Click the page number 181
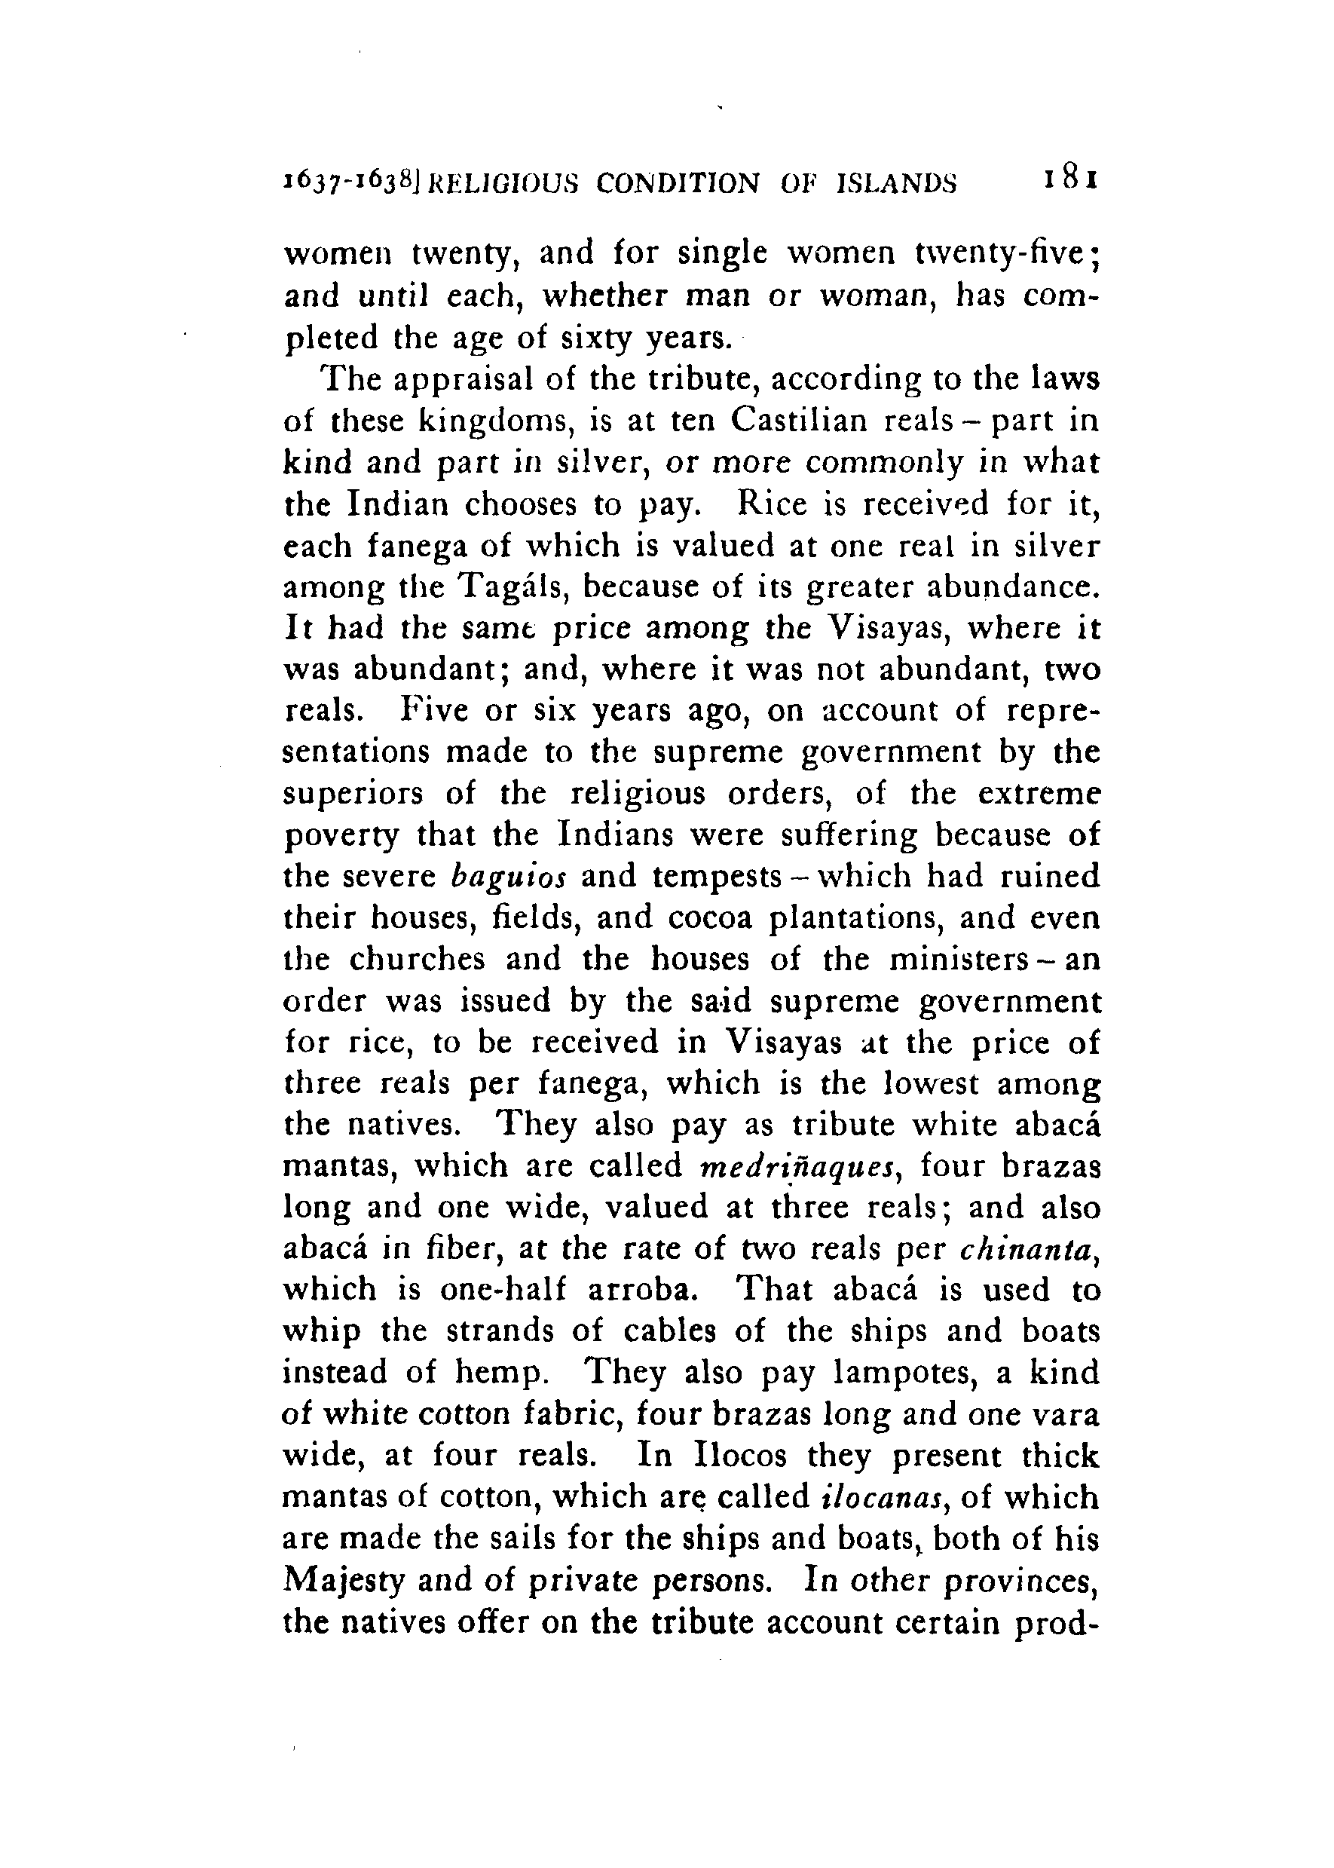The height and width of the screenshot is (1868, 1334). click(1069, 180)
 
